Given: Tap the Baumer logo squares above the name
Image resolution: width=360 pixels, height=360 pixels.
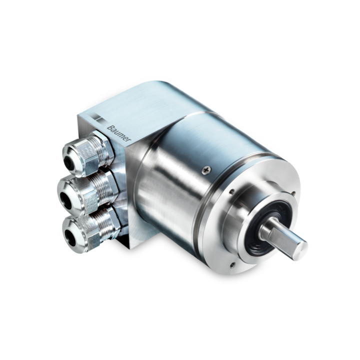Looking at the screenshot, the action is [98, 117].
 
